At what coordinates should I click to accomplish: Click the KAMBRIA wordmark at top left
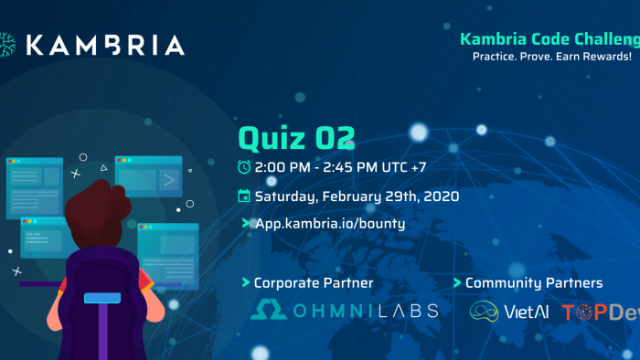click(x=104, y=45)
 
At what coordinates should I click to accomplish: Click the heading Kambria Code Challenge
click(x=549, y=39)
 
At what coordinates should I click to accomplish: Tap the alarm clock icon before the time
click(x=244, y=166)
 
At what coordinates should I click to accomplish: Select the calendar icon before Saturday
click(x=244, y=196)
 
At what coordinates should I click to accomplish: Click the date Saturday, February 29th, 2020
click(x=357, y=196)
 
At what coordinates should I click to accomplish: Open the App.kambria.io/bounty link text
click(x=329, y=223)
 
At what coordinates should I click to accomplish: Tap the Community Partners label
click(x=534, y=283)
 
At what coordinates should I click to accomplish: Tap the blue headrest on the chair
click(x=101, y=299)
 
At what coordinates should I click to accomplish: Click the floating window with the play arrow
click(x=149, y=175)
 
